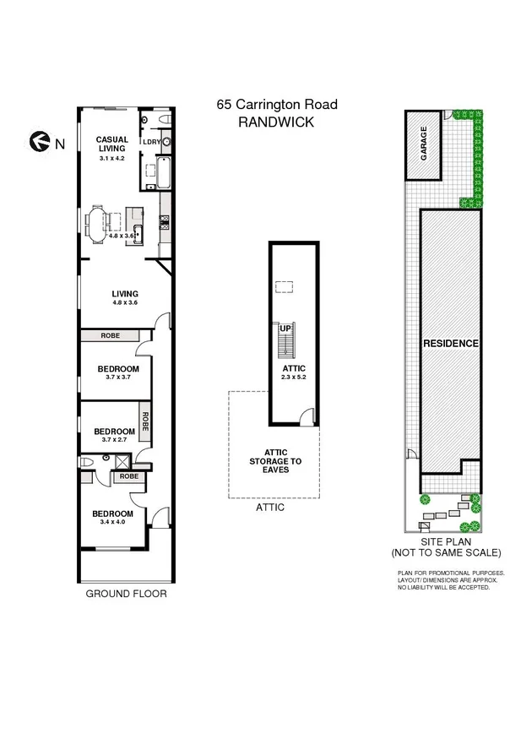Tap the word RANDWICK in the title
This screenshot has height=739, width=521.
coord(277,122)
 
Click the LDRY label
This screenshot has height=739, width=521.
coord(152,143)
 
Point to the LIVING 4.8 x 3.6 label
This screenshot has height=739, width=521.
coord(124,298)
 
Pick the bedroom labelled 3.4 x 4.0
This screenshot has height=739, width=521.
coord(112,518)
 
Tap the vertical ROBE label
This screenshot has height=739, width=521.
coord(145,421)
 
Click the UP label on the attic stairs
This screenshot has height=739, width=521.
coord(285,328)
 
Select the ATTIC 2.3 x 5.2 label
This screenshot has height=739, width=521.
coord(293,373)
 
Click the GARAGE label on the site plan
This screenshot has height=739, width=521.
coord(424,144)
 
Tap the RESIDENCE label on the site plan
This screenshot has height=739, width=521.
coord(451,344)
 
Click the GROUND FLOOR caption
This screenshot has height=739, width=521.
coord(127,594)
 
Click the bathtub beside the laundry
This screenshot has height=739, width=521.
coord(164,173)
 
